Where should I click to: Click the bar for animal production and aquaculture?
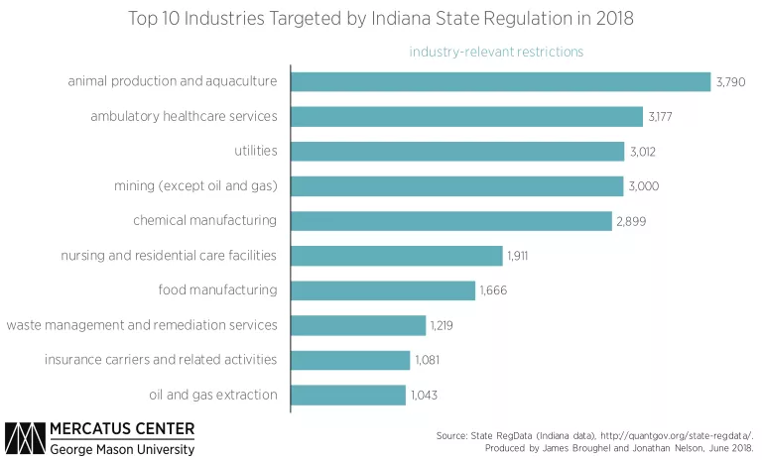(x=501, y=81)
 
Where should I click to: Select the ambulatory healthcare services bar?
(x=467, y=117)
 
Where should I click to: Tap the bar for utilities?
(x=457, y=152)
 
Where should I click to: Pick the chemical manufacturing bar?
(x=451, y=221)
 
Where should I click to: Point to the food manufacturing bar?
(x=383, y=290)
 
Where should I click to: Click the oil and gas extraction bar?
(x=348, y=395)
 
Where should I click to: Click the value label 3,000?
(x=644, y=186)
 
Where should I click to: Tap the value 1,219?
(x=442, y=325)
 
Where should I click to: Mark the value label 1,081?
(x=427, y=360)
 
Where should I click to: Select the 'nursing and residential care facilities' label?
(x=169, y=255)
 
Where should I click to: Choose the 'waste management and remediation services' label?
(x=142, y=324)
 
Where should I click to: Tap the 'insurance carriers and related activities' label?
(x=161, y=359)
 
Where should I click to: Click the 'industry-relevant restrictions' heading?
(x=496, y=51)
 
